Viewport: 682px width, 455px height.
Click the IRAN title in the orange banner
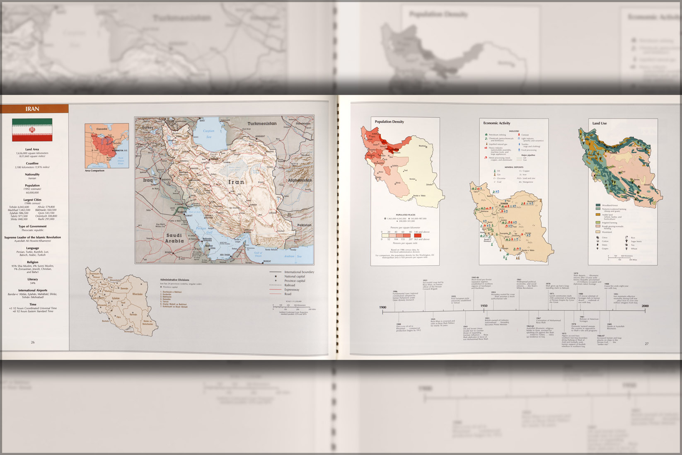32,109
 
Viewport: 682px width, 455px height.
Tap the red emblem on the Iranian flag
32,130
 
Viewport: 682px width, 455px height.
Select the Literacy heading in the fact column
33,279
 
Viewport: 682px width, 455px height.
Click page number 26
33,342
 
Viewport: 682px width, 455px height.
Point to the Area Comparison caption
94,171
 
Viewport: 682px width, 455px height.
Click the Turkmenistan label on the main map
262,123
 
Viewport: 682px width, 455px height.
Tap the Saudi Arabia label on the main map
174,238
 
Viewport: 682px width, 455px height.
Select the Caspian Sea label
209,133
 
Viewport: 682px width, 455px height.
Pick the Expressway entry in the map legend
292,290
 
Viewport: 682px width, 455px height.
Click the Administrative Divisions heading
174,280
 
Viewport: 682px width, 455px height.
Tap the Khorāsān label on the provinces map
137,294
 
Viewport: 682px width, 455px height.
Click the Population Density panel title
389,122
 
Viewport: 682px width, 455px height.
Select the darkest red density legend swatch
417,235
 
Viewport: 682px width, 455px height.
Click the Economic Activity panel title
496,123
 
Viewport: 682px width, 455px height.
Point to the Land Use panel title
599,123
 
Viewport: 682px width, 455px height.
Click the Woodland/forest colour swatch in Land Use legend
598,205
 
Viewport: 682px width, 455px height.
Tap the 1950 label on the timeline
484,306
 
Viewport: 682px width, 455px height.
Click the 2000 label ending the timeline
645,306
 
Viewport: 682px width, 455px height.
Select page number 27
646,344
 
